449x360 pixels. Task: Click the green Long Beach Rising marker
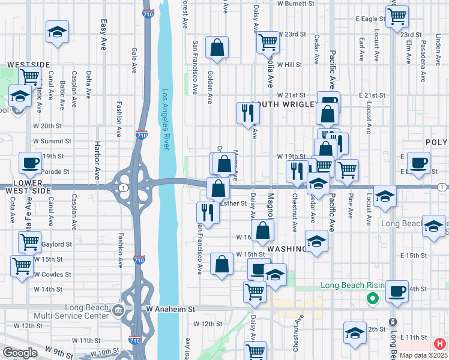coord(372,297)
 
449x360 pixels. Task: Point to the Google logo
coord(19,353)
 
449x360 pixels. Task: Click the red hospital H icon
coord(439,344)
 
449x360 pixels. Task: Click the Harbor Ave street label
coord(97,160)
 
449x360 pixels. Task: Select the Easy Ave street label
coord(104,34)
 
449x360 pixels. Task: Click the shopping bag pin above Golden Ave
coord(217,48)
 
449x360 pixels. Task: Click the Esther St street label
coord(234,203)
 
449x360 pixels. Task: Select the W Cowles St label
coord(52,274)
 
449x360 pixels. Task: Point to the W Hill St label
coord(289,64)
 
